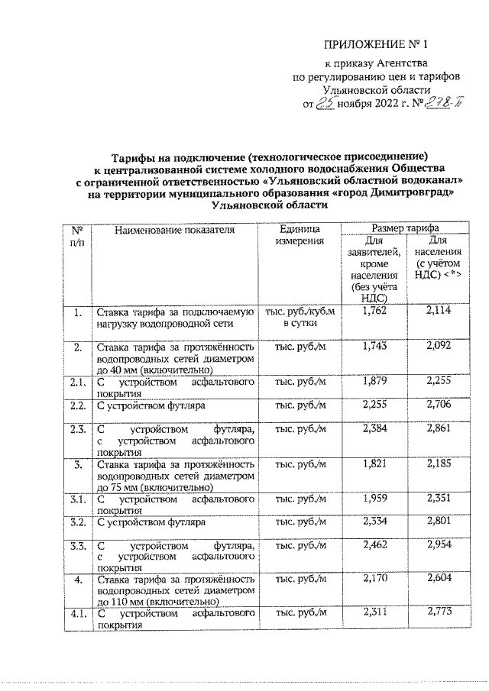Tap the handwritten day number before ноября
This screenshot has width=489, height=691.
pos(325,105)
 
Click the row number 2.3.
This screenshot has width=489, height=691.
pos(76,429)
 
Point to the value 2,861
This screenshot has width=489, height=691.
pos(438,429)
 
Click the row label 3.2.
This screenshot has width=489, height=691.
pos(76,523)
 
